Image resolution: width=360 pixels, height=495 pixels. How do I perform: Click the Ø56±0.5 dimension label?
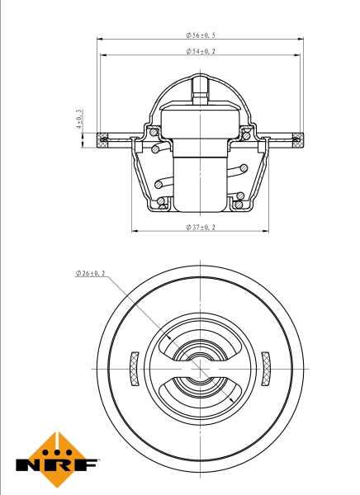coord(201,35)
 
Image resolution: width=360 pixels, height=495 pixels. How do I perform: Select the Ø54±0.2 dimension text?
coord(201,51)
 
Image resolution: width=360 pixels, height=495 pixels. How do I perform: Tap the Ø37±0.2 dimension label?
coord(201,227)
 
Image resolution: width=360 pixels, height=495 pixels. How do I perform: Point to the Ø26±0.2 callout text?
coord(90,273)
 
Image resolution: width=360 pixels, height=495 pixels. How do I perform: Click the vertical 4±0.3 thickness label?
coord(79,119)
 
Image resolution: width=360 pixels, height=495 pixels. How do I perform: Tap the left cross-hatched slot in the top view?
coord(135,369)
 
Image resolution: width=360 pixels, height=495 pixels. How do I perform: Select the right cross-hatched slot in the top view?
coord(266,369)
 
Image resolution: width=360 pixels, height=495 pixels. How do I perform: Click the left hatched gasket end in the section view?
coord(102,140)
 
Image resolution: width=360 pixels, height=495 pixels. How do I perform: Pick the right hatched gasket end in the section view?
coord(298,140)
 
